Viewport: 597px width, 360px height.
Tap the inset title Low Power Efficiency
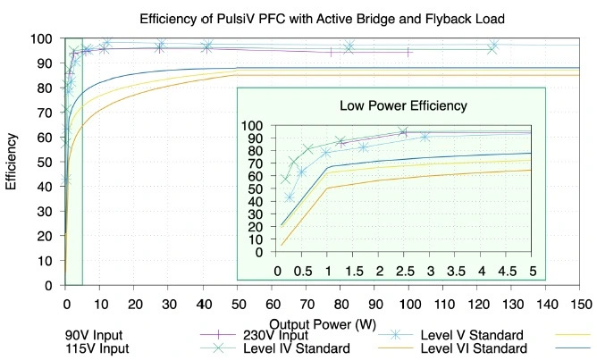point(403,105)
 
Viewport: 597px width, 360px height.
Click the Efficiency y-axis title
point(12,162)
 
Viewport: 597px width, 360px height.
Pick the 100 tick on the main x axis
point(408,303)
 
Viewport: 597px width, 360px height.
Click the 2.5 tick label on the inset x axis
point(405,269)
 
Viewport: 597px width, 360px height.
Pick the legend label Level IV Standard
point(296,349)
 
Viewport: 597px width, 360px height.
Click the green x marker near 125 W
point(492,49)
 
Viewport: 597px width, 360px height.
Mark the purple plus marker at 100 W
point(408,53)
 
